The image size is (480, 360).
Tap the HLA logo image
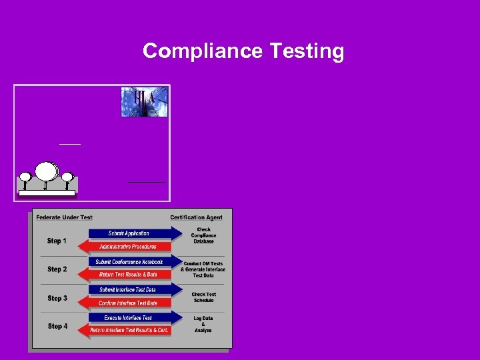point(144,101)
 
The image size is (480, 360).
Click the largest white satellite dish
point(47,172)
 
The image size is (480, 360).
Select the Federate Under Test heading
point(64,217)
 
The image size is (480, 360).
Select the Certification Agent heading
point(196,217)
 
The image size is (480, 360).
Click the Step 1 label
point(57,241)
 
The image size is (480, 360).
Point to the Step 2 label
point(57,269)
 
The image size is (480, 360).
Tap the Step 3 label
point(57,298)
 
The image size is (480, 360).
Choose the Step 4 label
point(57,326)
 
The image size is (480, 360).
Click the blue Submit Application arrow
point(133,233)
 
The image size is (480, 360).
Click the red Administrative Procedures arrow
point(127,246)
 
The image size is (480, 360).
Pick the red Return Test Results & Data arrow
point(127,274)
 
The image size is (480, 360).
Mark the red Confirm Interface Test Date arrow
point(127,303)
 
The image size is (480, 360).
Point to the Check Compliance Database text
point(203,235)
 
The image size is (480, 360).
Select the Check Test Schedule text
point(203,297)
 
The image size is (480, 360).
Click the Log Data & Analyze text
point(203,325)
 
